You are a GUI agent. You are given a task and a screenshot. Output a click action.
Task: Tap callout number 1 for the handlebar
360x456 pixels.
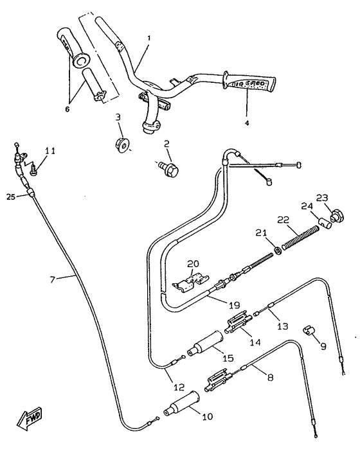click(x=148, y=39)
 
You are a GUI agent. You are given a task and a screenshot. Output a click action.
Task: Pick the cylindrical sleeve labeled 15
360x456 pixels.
click(x=204, y=346)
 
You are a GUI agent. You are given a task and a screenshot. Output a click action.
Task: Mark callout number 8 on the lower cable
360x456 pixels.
click(x=269, y=378)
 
